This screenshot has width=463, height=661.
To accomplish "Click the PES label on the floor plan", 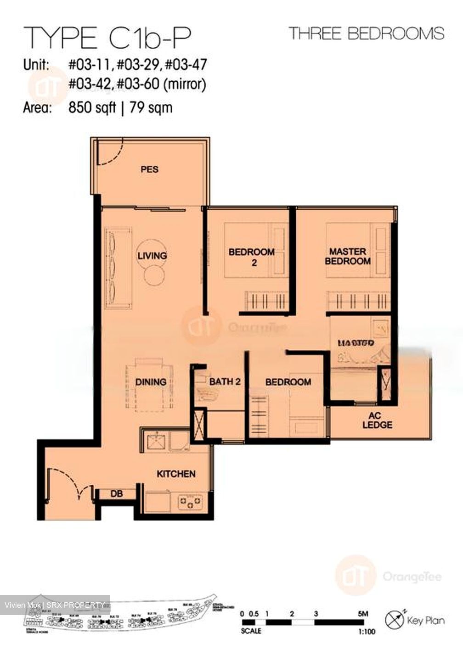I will [149, 169].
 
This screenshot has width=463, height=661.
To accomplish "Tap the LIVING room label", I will [152, 255].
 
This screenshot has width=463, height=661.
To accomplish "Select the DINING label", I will [151, 381].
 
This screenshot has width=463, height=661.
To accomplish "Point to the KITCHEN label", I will [176, 474].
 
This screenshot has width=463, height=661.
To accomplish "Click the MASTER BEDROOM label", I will [348, 256].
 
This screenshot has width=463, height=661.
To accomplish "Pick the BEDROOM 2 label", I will [251, 257].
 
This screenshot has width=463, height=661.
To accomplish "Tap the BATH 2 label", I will [225, 381].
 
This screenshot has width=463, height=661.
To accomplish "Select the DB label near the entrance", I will [117, 494].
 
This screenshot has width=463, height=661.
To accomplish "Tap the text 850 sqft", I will [92, 108].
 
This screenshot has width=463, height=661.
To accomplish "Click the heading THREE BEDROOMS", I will [366, 34].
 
